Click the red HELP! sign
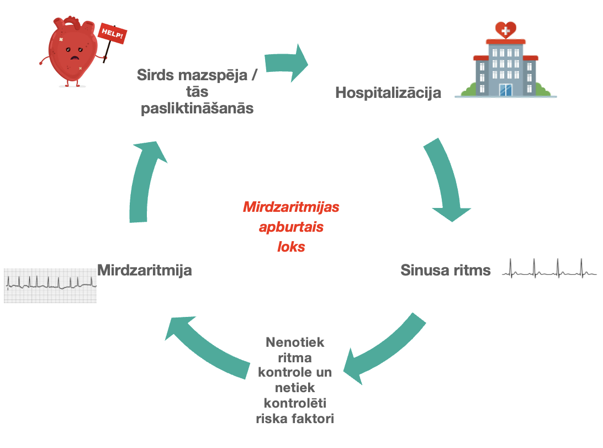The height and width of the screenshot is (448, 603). [112, 35]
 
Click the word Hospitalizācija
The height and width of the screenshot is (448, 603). [388, 92]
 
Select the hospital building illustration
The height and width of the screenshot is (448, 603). [505, 64]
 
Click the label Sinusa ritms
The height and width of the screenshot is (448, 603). [445, 270]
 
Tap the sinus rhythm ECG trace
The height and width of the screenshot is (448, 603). [549, 269]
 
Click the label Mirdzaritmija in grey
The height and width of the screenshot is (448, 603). [145, 270]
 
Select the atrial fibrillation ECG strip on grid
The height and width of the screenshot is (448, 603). [50, 284]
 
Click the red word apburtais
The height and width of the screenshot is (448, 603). [291, 227]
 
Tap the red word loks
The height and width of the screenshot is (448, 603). [291, 247]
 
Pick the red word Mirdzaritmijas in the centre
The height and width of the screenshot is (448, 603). [291, 208]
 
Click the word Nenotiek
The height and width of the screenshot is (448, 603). [295, 342]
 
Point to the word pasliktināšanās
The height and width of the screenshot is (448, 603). [197, 108]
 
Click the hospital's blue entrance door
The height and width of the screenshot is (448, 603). [505, 90]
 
